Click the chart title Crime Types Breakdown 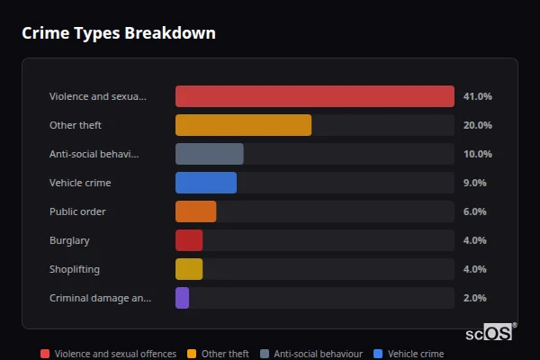118,33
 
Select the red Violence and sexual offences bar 314,96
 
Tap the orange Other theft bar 243,125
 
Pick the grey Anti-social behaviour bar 209,154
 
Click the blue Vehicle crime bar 205,183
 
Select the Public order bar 195,211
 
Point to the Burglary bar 189,240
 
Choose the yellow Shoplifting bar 189,269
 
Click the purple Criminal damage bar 182,298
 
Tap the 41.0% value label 477,96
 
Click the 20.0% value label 477,125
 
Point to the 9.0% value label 474,183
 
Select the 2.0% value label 474,298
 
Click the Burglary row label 69,240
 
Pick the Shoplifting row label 74,269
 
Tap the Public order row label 77,211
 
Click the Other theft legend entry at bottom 219,354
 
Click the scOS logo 490,333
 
